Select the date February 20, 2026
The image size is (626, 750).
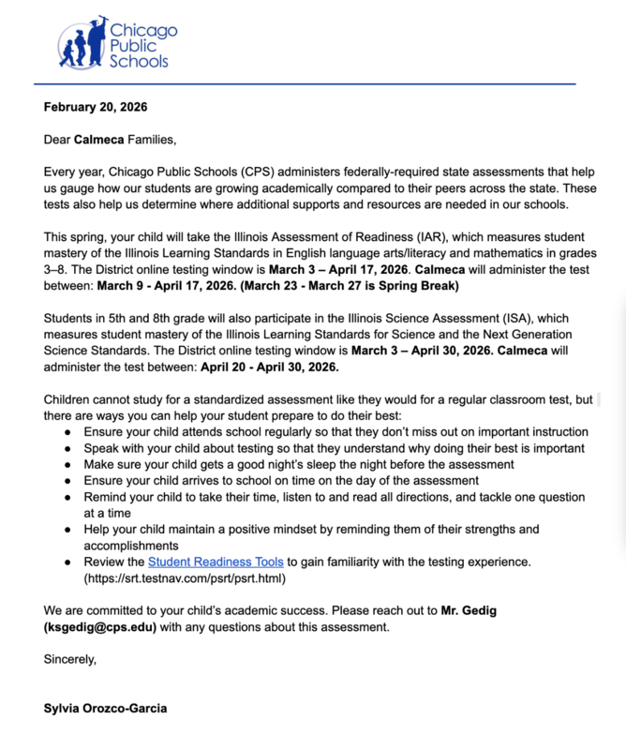point(96,107)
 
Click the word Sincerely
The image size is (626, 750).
point(70,659)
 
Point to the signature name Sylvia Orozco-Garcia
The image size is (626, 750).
point(105,708)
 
